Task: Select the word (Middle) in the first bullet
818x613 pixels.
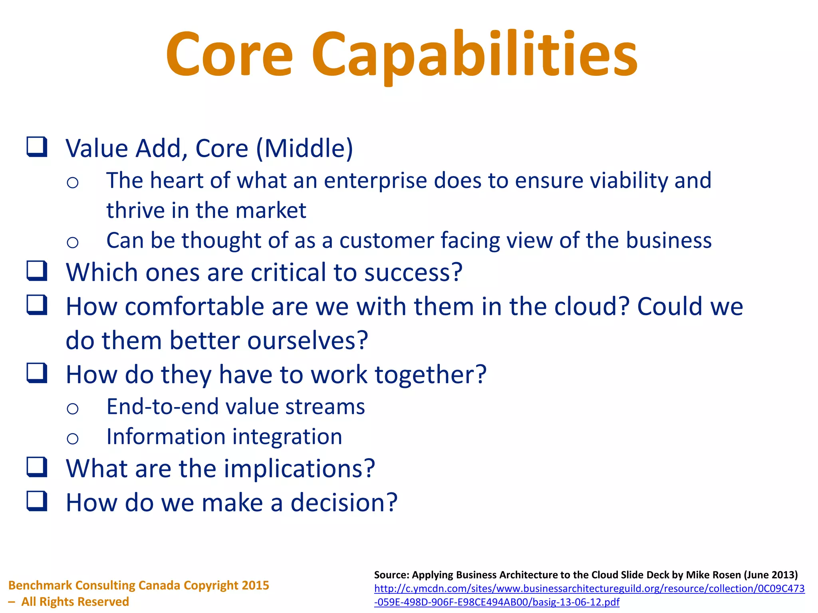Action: pyautogui.click(x=304, y=148)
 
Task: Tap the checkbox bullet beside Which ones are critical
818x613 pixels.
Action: pyautogui.click(x=37, y=271)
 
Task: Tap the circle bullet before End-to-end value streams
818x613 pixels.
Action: pyautogui.click(x=73, y=408)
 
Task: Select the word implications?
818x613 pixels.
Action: pyautogui.click(x=299, y=469)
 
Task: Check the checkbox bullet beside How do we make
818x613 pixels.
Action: pyautogui.click(x=37, y=501)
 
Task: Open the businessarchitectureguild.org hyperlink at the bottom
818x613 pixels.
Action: pyautogui.click(x=589, y=589)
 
